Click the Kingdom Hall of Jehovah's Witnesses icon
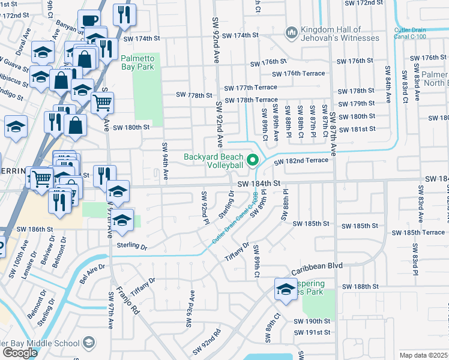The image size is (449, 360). [292, 31]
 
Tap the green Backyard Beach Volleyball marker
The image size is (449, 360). [253, 160]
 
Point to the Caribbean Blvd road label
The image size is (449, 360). [316, 265]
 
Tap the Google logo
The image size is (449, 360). [20, 353]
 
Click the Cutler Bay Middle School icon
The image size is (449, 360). [89, 343]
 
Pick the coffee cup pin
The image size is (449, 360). [89, 21]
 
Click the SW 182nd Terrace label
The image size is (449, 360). [301, 161]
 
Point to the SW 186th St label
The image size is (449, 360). [31, 229]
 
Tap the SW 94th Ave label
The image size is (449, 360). [164, 159]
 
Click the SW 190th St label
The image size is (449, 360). [312, 321]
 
